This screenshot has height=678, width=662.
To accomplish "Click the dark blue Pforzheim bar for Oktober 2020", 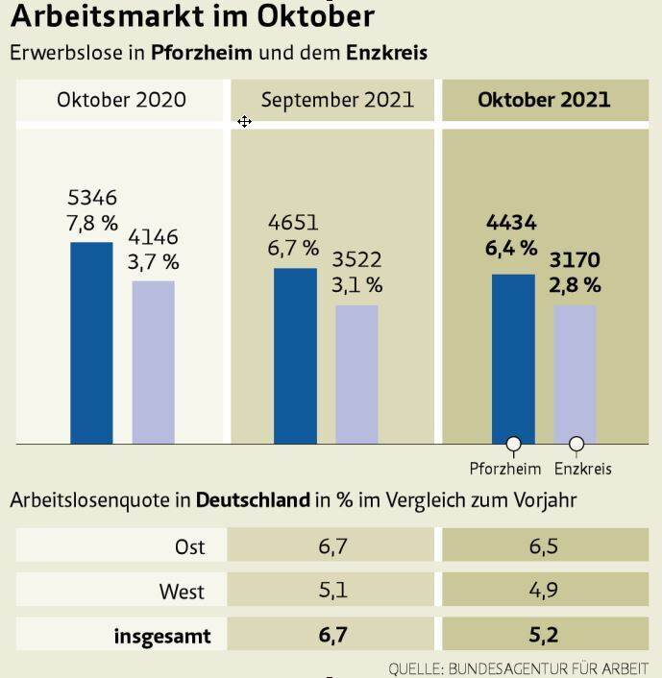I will [91, 343].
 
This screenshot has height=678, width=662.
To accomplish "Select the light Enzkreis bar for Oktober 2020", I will [153, 362].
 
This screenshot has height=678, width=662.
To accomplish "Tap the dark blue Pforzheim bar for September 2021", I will [295, 355].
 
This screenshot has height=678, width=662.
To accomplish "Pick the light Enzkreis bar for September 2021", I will [356, 375].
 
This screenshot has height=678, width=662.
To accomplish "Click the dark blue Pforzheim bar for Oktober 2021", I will [513, 358].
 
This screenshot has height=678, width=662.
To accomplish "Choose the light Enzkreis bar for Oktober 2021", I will [575, 375].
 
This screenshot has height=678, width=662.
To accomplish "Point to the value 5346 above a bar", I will [92, 199].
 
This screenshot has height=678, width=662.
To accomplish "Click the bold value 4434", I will [512, 224].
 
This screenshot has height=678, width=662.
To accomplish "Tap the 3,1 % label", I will [357, 285].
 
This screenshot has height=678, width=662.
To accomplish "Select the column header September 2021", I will [337, 100].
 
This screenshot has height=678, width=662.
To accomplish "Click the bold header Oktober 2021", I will [544, 100].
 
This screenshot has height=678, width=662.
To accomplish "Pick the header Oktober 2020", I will [121, 100].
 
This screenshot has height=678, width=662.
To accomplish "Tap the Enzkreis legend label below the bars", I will [583, 470].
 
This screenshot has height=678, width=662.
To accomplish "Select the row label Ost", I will [190, 546].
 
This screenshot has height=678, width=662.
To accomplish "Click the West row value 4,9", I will [544, 591].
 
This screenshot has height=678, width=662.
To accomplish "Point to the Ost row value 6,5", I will [544, 546].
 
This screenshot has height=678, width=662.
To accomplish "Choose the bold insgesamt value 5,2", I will [544, 635].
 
